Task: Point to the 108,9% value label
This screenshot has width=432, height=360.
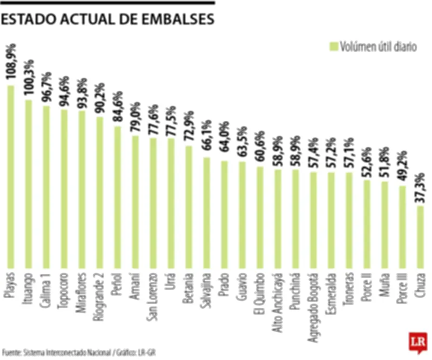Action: (x=11, y=64)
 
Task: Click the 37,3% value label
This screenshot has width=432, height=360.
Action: (x=421, y=188)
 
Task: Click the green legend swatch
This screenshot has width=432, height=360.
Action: (x=333, y=46)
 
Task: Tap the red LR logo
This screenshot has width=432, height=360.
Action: (x=417, y=343)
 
